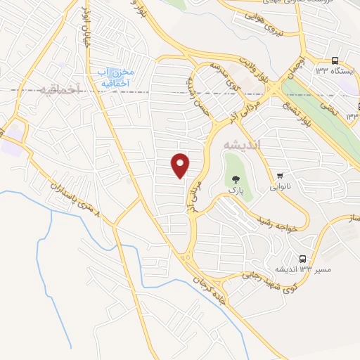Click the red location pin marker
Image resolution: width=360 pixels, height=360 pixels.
coord(181,165)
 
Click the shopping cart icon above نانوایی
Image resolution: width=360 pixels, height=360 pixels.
coord(281,175)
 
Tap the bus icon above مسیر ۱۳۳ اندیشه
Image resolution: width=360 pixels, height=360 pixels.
coord(302,258)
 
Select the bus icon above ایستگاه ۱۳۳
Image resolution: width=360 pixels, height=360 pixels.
coord(335,60)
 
